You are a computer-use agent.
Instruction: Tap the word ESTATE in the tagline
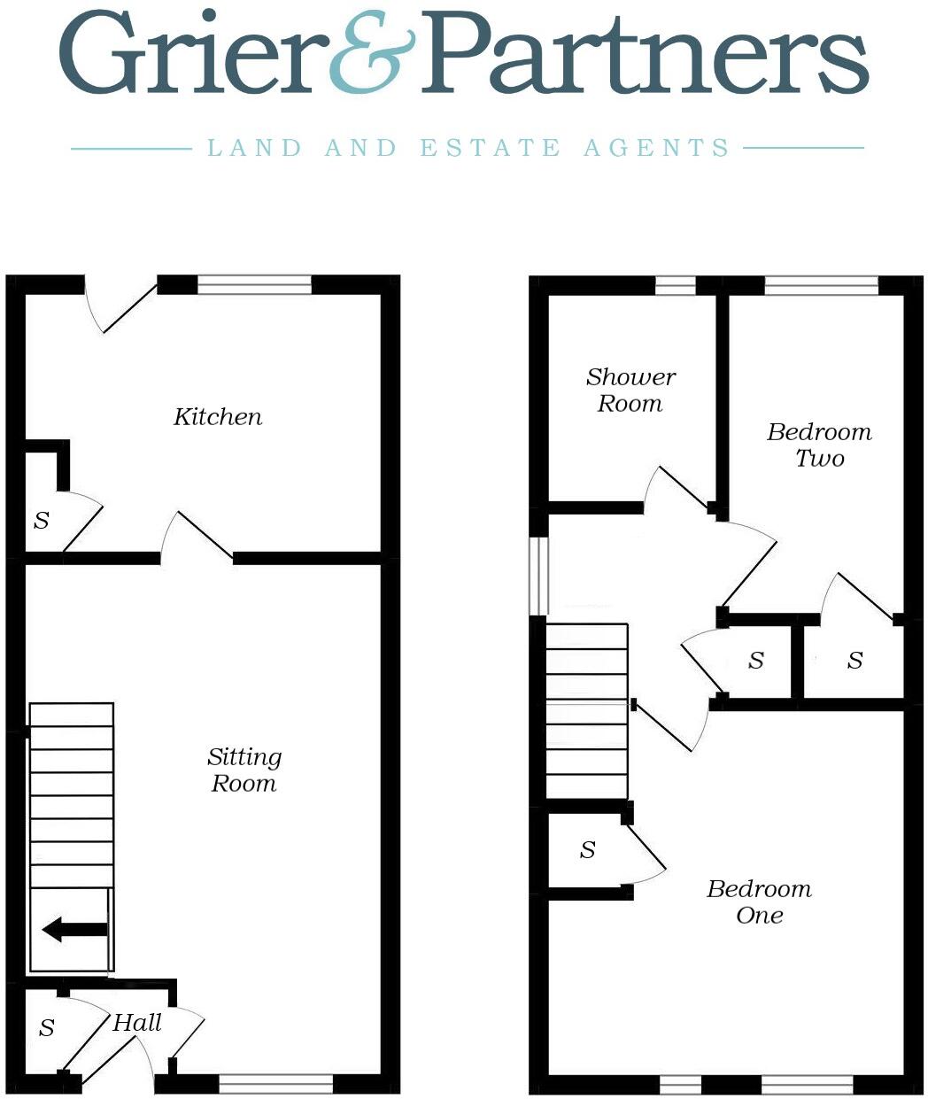(x=490, y=148)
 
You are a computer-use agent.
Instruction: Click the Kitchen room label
(x=218, y=417)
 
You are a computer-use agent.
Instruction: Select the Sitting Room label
(x=244, y=770)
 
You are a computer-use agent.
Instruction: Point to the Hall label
(x=137, y=1024)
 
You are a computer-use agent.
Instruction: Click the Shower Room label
(x=630, y=391)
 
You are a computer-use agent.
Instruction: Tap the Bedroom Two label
(x=819, y=445)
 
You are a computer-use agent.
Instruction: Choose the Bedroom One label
(x=759, y=902)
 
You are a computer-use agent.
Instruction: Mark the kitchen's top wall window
(x=254, y=284)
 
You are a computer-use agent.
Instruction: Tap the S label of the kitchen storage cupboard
(x=42, y=521)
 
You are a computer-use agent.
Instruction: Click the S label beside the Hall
(x=47, y=1028)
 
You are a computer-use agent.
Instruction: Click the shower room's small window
(x=675, y=285)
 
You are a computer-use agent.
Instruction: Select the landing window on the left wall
(x=539, y=576)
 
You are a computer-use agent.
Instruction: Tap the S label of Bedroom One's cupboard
(x=587, y=851)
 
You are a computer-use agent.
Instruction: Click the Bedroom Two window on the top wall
(x=821, y=285)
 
